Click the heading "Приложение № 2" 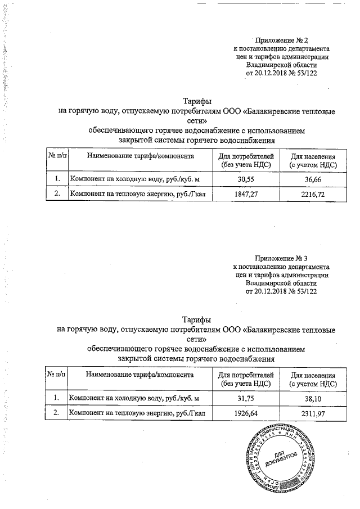pos(282,40)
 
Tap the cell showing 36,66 pos(313,179)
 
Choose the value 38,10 pos(313,398)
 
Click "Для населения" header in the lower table pos(313,375)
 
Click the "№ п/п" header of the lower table pos(56,374)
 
